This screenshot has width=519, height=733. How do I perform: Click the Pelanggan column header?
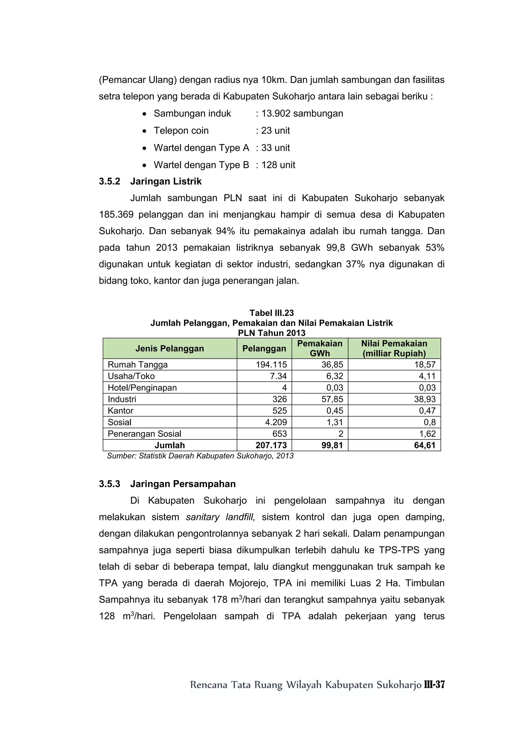click(x=264, y=348)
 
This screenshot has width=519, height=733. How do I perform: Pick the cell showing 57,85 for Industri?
click(x=332, y=399)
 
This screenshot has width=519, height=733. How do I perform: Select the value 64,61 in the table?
click(x=424, y=445)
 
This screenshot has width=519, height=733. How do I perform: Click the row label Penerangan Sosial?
click(x=144, y=434)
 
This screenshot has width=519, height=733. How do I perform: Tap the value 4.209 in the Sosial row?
click(x=276, y=422)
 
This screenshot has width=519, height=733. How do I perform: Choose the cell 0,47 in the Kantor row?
click(x=427, y=411)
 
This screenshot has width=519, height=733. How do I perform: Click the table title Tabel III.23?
click(x=272, y=313)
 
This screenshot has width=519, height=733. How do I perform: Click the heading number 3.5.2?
click(x=109, y=181)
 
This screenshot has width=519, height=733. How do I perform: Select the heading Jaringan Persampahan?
click(x=183, y=484)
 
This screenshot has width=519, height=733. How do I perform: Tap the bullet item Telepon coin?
click(x=181, y=131)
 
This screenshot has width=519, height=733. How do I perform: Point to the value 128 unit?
click(x=278, y=165)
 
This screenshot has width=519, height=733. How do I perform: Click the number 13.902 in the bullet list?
click(x=275, y=113)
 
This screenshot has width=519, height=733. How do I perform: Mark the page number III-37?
click(x=434, y=684)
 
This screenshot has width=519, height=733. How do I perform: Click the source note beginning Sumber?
click(x=200, y=456)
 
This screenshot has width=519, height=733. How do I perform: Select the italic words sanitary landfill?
click(x=220, y=517)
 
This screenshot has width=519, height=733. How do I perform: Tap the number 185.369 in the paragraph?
click(x=116, y=215)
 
